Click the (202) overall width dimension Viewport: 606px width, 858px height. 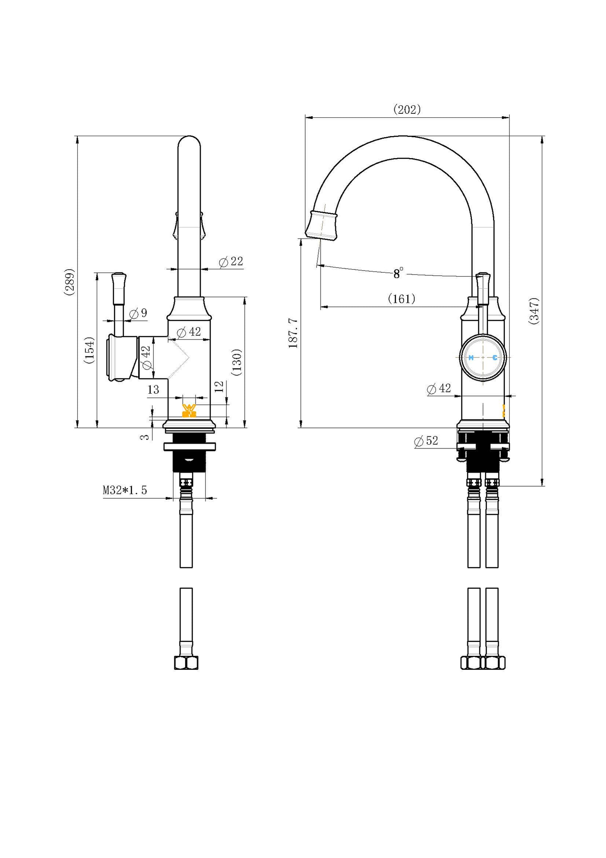(x=407, y=109)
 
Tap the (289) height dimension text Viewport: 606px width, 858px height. (x=70, y=282)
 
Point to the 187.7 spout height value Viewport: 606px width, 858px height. (x=293, y=333)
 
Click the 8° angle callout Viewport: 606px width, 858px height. (x=398, y=273)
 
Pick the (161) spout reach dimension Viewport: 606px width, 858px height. (x=402, y=299)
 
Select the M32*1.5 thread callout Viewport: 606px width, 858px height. (x=125, y=490)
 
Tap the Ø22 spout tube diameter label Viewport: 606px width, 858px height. (x=231, y=262)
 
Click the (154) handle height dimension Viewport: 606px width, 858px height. (x=89, y=350)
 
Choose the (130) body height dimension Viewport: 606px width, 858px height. (x=237, y=362)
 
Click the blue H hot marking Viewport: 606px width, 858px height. (x=471, y=358)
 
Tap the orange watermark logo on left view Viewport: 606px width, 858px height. (x=189, y=410)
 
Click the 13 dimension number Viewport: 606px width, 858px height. (x=153, y=390)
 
